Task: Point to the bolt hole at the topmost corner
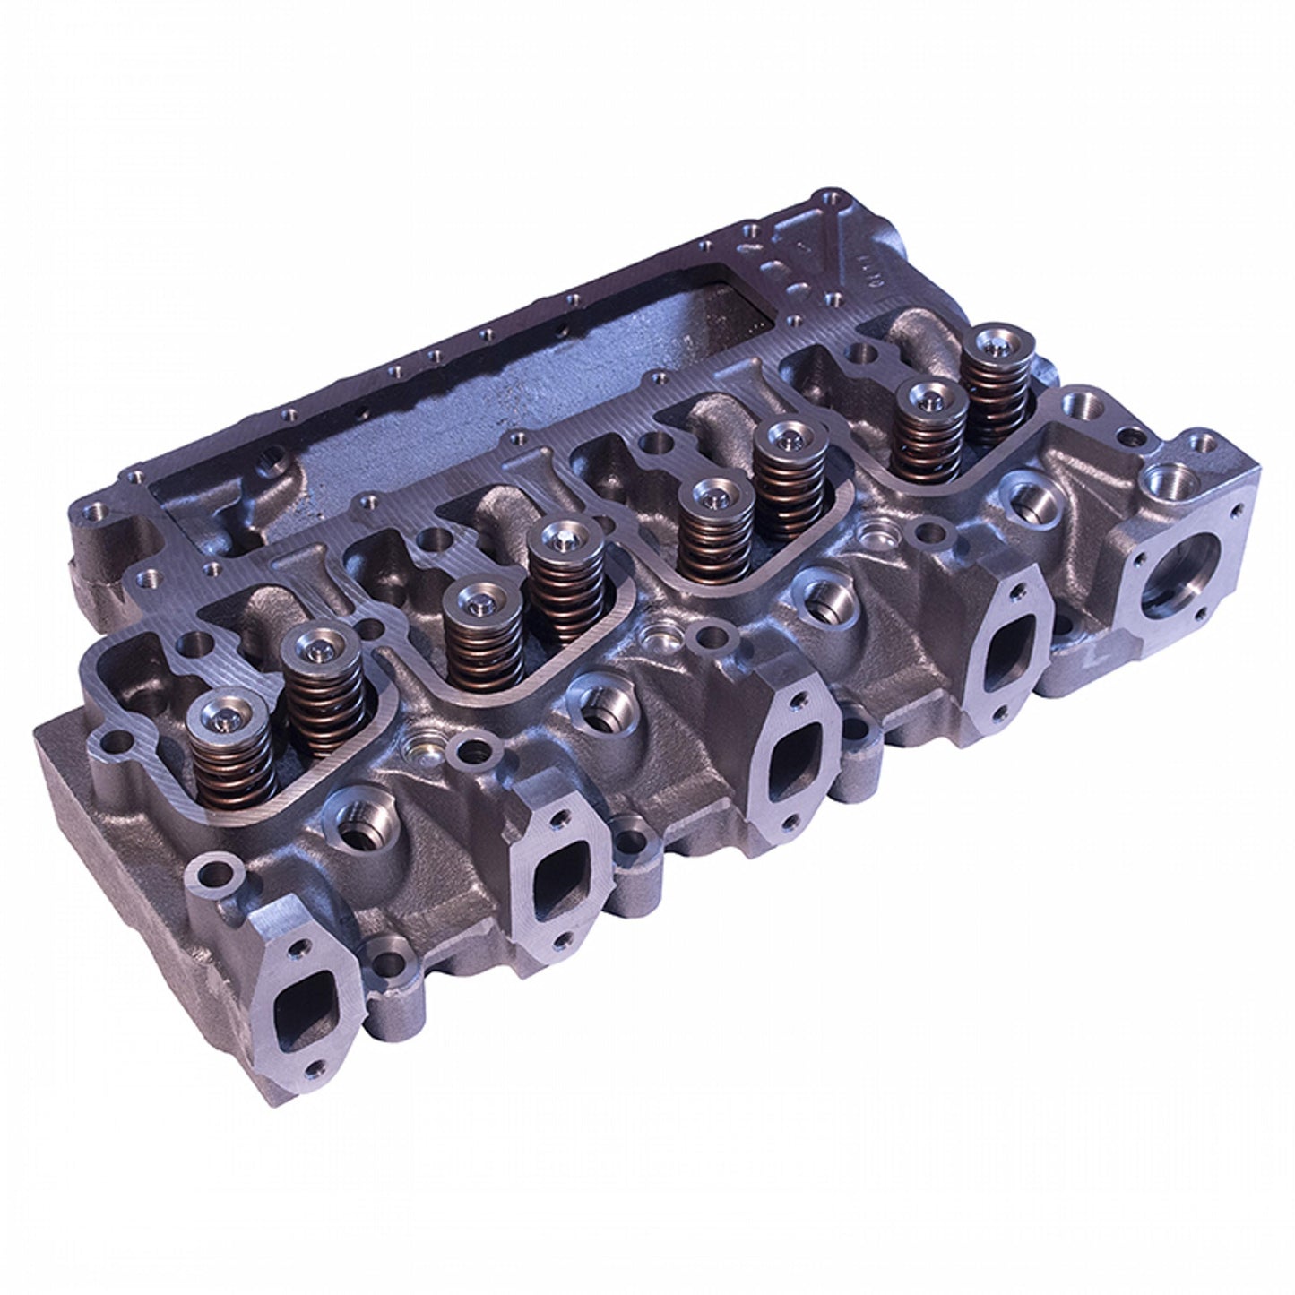click(x=818, y=198)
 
